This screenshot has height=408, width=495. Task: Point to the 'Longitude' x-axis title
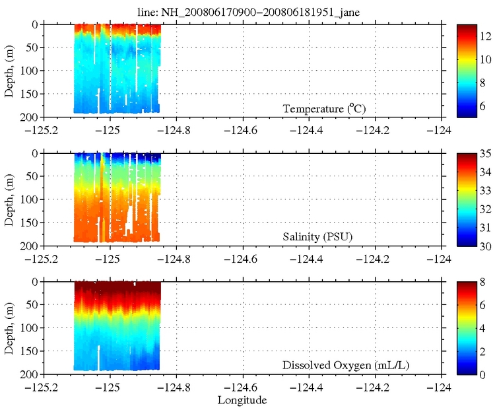click(244, 401)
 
